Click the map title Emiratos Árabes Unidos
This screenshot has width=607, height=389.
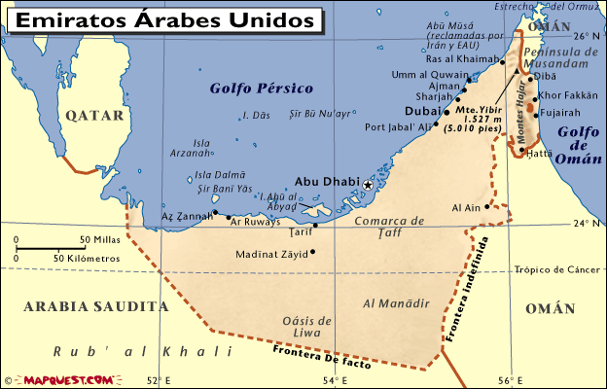[x=166, y=19]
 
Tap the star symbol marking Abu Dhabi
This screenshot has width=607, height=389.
[x=368, y=185]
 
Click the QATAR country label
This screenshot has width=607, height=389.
[x=95, y=115]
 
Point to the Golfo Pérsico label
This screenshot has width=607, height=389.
[x=262, y=88]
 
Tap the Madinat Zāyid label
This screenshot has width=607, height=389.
[x=270, y=255]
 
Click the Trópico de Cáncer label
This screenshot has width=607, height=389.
[x=558, y=269]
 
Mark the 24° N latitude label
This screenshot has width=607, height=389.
[x=586, y=224]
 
